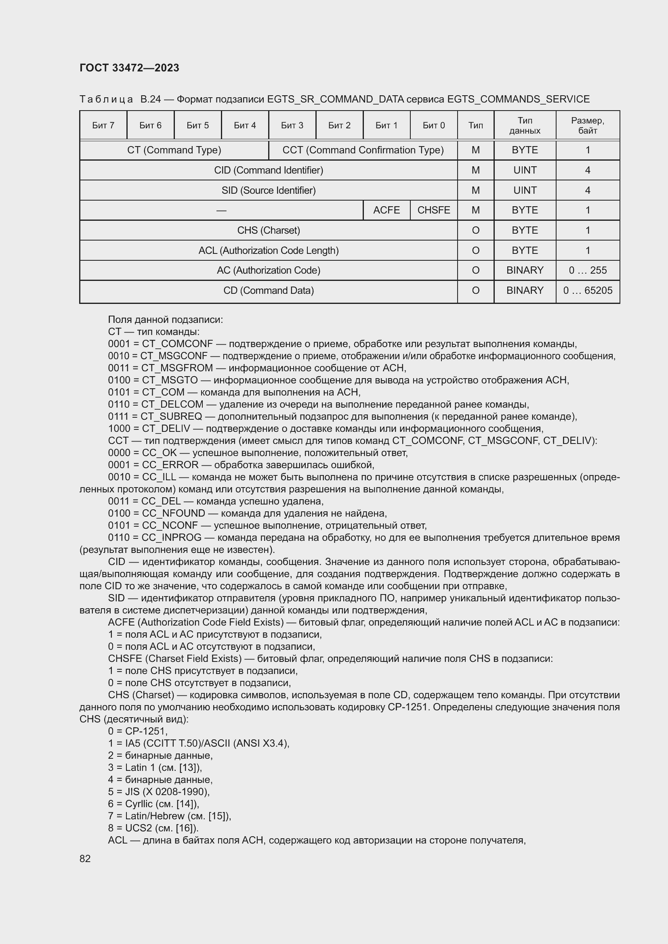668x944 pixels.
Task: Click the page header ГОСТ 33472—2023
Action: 129,68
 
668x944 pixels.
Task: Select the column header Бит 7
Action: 103,126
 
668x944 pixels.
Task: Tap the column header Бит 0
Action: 433,126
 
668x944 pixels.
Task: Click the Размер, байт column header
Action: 587,126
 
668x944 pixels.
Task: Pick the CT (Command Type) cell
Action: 174,150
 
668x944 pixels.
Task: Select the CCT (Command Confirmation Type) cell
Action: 363,150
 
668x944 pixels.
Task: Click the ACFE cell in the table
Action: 386,210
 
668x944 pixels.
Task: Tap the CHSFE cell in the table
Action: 433,210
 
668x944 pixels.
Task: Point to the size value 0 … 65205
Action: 587,291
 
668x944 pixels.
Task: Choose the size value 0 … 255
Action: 587,270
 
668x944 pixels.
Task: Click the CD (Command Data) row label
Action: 269,291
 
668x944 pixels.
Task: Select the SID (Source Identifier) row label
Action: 269,190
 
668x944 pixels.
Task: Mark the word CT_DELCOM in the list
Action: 172,404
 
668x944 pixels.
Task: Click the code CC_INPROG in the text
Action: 172,538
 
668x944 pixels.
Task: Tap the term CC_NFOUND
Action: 173,513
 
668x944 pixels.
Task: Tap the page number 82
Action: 85,858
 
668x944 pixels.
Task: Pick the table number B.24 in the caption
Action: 151,99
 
